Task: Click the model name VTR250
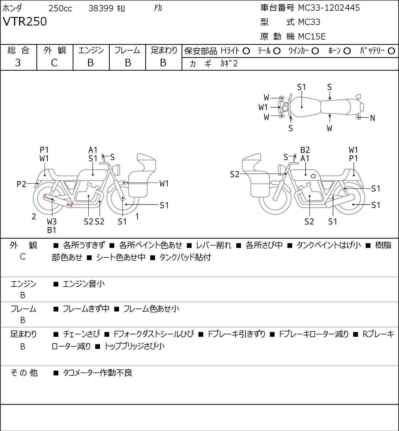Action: click(25, 22)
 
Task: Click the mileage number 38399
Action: click(101, 8)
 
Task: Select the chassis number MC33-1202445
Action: click(329, 8)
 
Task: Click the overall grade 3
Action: click(18, 63)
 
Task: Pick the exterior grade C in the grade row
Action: click(54, 63)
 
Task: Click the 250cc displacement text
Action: click(60, 8)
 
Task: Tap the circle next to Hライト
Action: click(246, 51)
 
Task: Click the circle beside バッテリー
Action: click(392, 51)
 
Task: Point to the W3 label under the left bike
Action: click(52, 221)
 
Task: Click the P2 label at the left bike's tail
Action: click(21, 184)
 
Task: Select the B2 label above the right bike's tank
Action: click(305, 150)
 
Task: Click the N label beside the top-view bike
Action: click(372, 118)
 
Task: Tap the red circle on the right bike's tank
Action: click(313, 176)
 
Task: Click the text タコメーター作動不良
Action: click(97, 373)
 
